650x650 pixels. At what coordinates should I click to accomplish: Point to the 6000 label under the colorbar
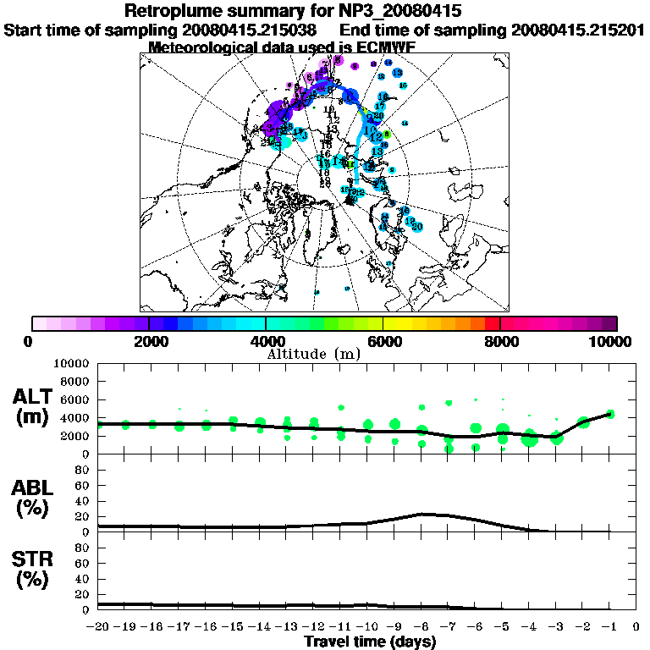click(383, 341)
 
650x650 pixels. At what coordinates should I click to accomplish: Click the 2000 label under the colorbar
click(149, 341)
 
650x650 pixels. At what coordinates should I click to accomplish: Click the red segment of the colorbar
click(492, 322)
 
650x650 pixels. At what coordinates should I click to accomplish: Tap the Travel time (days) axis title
click(370, 642)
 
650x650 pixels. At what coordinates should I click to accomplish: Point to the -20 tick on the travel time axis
click(98, 627)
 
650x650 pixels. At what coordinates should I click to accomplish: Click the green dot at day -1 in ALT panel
click(610, 414)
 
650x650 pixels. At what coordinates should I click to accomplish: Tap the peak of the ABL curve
click(426, 514)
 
